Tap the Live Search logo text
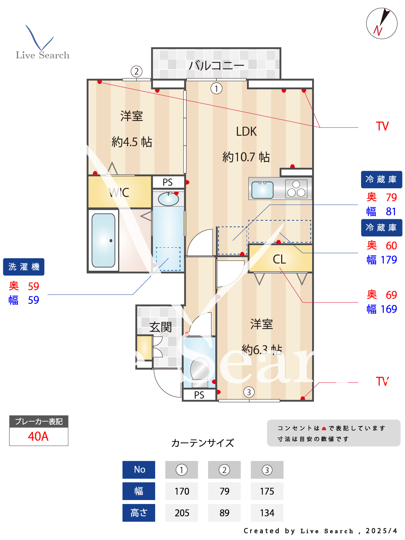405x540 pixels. tap(42, 55)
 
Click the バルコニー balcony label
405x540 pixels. tap(216, 65)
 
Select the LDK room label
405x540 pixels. tap(246, 132)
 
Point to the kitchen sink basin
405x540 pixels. tap(262, 190)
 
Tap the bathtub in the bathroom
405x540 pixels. tap(104, 240)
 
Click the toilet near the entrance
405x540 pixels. tap(199, 369)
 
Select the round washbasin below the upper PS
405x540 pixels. tap(168, 199)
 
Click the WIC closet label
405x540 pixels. tap(119, 193)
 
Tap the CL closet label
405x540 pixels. tap(279, 259)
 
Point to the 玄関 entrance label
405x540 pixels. tap(161, 327)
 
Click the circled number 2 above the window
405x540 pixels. tap(136, 71)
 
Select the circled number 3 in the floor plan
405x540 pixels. tap(249, 392)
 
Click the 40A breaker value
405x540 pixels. tap(38, 436)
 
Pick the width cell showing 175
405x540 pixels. tap(267, 491)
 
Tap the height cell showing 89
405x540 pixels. tap(224, 513)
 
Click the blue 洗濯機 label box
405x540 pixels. tap(24, 267)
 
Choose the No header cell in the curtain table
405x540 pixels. tap(139, 470)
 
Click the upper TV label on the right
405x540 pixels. tap(382, 126)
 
